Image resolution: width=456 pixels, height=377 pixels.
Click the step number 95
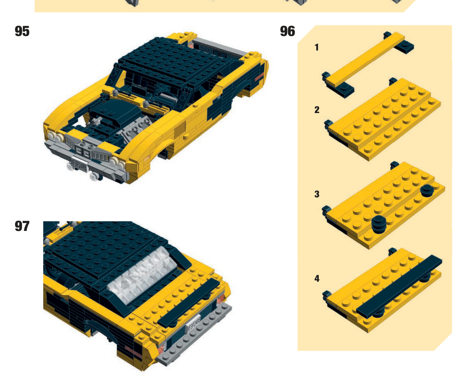(x=22, y=31)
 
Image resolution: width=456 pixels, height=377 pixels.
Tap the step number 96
(x=287, y=31)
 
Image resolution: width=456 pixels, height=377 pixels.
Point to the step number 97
(x=22, y=226)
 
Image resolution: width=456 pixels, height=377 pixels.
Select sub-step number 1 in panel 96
(x=317, y=47)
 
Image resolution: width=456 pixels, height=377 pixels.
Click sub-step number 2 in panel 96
(x=317, y=110)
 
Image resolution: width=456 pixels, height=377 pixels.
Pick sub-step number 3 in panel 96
(x=317, y=194)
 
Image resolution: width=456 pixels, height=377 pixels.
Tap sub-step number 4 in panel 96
(x=317, y=278)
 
